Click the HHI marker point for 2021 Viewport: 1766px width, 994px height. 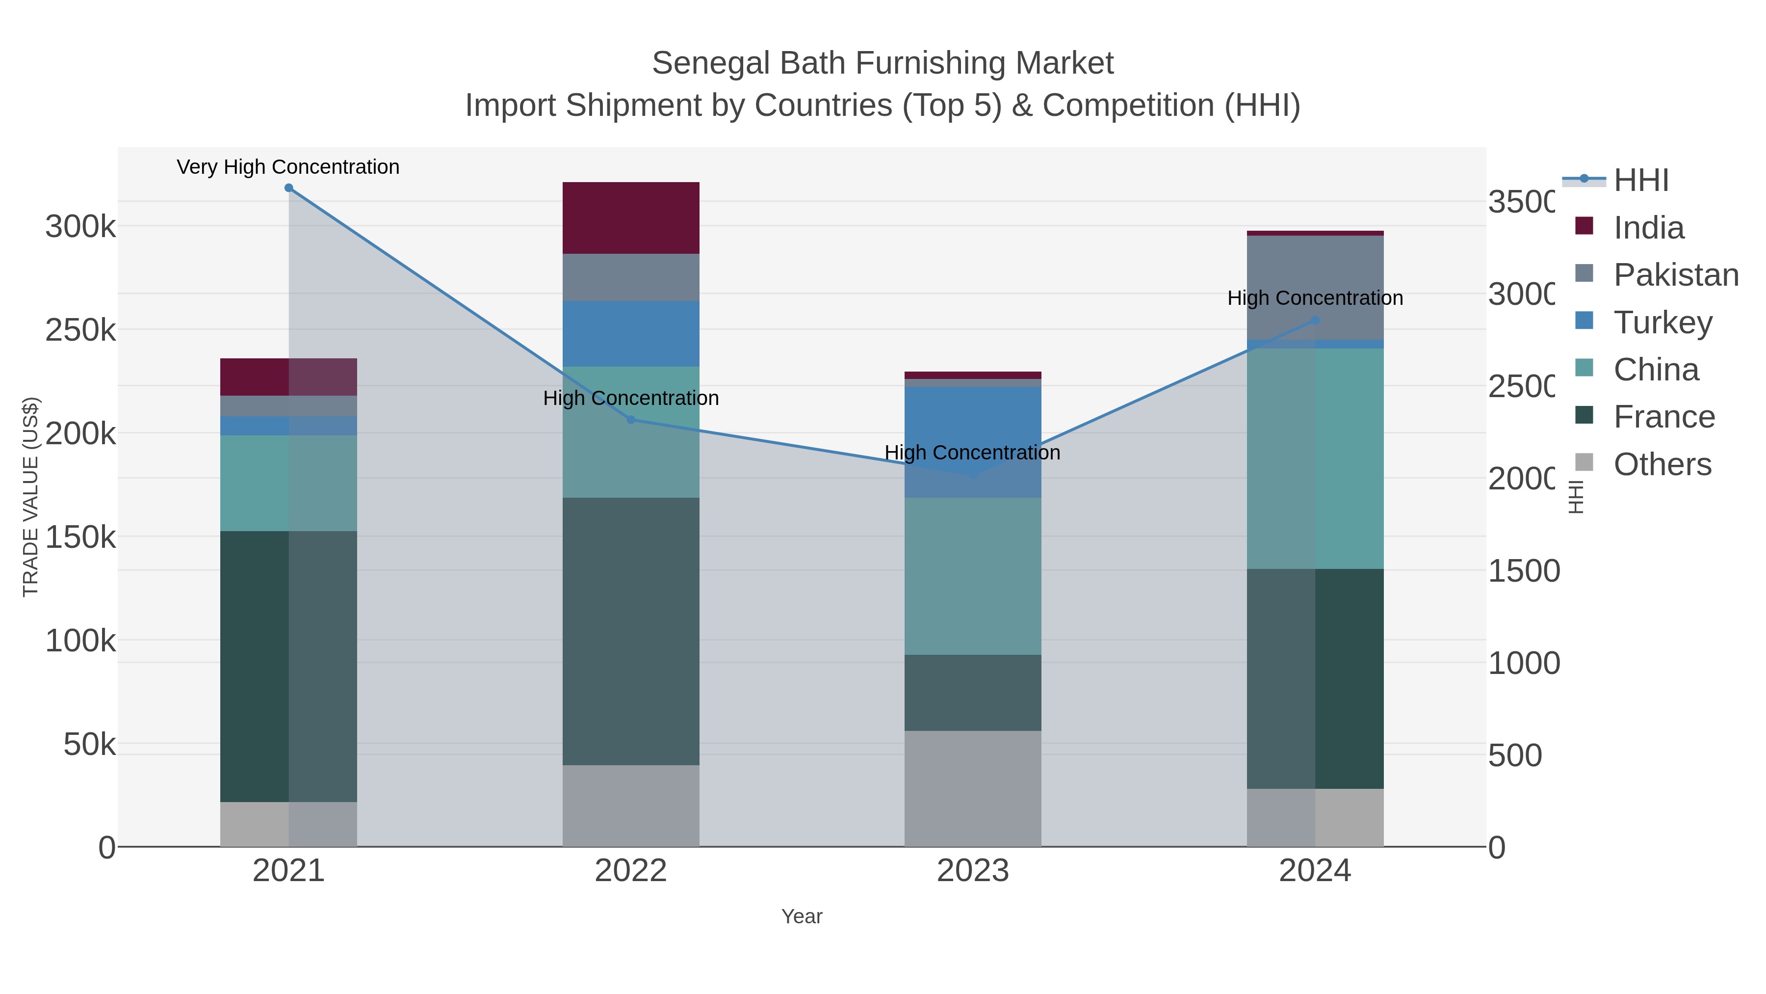[288, 188]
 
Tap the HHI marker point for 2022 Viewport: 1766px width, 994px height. [631, 420]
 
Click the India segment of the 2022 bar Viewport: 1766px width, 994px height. [631, 218]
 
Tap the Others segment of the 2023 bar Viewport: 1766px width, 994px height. [973, 789]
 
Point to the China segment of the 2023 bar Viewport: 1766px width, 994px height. [973, 576]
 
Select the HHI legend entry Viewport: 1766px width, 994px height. [1640, 181]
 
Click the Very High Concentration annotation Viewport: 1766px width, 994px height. [288, 167]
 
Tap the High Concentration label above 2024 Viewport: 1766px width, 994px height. [1315, 298]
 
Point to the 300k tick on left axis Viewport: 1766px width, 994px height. [81, 226]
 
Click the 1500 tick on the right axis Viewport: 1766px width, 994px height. [1523, 571]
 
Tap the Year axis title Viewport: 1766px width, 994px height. [802, 916]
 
